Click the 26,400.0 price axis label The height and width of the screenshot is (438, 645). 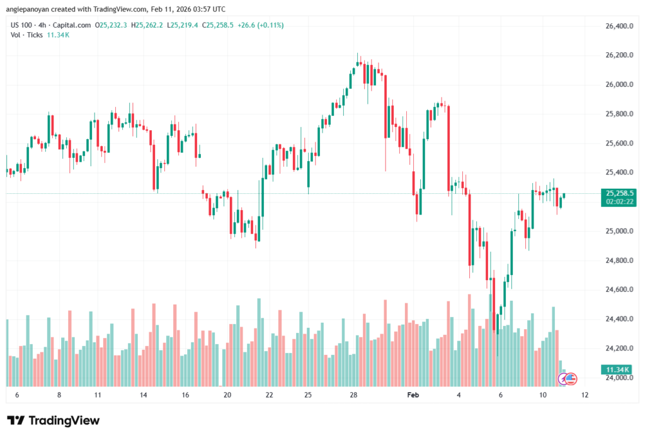coord(618,26)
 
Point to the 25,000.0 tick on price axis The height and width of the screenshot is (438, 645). coord(618,231)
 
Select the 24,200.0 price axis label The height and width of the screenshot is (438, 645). coord(618,348)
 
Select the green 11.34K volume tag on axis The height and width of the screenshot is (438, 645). coord(618,369)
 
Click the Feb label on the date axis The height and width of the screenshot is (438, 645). coord(413,395)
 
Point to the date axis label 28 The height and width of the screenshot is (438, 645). coord(354,395)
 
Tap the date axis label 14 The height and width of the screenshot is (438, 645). coord(144,395)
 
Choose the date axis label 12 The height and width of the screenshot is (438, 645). coord(585,395)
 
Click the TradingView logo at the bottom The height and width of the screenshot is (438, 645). coord(53,420)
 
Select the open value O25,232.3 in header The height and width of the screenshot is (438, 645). coord(111,25)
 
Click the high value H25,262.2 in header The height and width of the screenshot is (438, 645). coord(147,25)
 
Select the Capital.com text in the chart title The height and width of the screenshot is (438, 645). coord(71,25)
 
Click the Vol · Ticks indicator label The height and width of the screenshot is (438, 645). coord(25,35)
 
